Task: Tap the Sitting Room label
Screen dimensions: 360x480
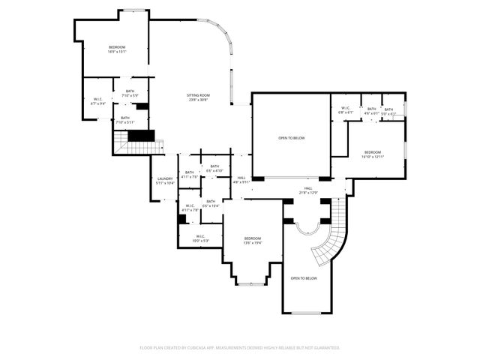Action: [199, 97]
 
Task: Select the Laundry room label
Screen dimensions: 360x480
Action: [165, 181]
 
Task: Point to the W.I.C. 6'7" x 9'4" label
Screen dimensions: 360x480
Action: [98, 101]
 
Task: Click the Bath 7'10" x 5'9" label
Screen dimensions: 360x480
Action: [130, 94]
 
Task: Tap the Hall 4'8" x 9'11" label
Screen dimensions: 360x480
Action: [241, 180]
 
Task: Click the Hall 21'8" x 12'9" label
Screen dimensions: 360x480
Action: [308, 190]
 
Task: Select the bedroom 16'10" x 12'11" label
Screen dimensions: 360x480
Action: [373, 154]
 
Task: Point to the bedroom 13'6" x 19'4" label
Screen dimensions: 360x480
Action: [253, 240]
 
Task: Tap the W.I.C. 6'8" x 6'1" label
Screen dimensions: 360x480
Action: [346, 110]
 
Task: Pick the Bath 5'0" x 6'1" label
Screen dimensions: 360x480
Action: [388, 112]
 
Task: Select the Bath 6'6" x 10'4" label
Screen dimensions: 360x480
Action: [211, 203]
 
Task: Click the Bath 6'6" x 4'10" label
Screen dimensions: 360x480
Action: [214, 169]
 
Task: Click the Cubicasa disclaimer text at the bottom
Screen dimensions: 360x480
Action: [240, 348]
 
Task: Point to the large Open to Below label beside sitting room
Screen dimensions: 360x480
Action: [292, 139]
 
